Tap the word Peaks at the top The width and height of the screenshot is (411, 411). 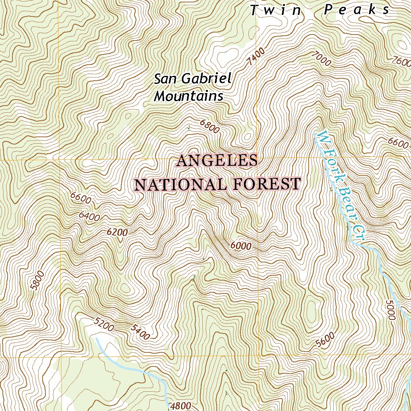[357, 10]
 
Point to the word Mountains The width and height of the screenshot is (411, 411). [189, 96]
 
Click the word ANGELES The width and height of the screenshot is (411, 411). [217, 161]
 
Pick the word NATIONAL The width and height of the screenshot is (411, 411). [180, 185]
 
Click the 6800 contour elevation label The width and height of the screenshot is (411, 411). [210, 126]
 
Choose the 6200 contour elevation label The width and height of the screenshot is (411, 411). [117, 232]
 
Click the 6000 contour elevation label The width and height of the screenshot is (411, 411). [241, 246]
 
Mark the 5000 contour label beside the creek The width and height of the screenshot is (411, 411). [389, 309]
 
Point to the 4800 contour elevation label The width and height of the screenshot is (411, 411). [181, 406]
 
